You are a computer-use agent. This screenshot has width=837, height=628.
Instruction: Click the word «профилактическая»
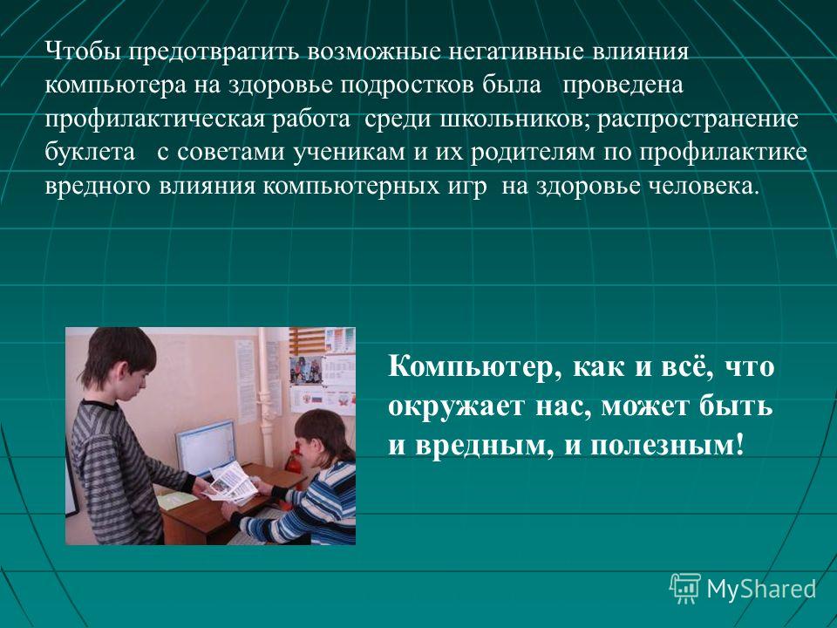(155, 119)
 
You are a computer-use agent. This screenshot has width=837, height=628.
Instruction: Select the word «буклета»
(90, 152)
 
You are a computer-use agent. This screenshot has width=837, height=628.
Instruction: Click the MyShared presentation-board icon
(685, 588)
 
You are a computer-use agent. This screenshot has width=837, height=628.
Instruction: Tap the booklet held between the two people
(230, 481)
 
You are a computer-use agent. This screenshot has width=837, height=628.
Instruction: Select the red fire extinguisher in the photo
(293, 463)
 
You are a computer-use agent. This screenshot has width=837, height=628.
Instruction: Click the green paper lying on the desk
(176, 501)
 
